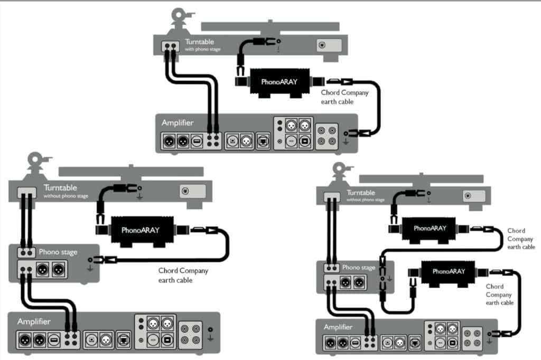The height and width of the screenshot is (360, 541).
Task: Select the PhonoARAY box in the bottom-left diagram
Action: [140, 230]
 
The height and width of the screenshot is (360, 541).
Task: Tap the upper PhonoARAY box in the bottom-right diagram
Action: [430, 229]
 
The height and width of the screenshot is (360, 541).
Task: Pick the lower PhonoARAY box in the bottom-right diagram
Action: [449, 271]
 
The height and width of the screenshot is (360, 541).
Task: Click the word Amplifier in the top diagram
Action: [178, 122]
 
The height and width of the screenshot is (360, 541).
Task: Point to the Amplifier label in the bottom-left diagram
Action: [34, 321]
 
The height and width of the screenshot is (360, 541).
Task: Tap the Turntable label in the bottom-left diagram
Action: [60, 187]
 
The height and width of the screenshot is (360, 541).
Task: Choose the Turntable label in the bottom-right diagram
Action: [360, 193]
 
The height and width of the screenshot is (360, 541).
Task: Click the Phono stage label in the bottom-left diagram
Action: [58, 252]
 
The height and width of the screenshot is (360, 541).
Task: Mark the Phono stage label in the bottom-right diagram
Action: [359, 268]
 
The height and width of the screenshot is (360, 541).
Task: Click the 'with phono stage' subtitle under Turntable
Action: [202, 49]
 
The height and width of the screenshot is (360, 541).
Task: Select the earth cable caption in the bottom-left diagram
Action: [183, 275]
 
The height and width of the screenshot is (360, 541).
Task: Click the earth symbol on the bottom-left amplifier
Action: [210, 333]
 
